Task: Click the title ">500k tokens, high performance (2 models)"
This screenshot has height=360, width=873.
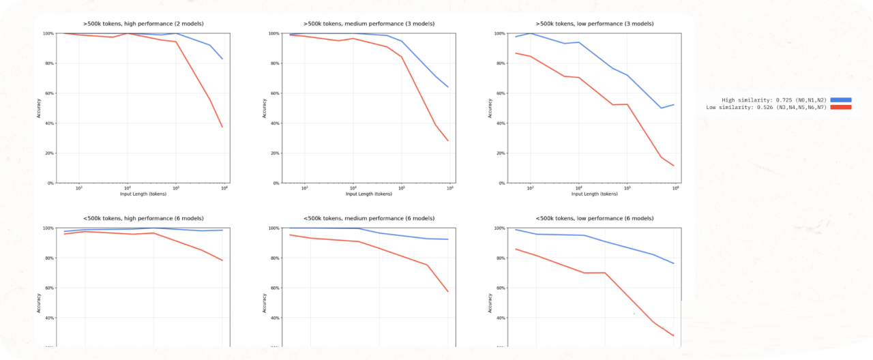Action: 143,24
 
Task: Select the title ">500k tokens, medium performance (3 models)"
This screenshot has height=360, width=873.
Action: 369,24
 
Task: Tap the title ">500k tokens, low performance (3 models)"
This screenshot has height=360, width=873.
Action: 594,24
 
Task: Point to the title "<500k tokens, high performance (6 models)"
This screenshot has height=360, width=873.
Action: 143,218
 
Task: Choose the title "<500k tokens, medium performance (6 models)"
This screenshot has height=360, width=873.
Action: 369,218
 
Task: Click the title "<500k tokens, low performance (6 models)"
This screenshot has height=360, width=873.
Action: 594,218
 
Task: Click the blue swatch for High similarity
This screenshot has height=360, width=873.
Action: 841,100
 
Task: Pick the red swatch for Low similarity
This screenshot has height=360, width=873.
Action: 841,107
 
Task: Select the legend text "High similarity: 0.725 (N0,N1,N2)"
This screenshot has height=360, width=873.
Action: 774,100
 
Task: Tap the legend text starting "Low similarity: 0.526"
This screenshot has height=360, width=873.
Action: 766,107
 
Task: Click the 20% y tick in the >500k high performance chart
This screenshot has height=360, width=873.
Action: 49,153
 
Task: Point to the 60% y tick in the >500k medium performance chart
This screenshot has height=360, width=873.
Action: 275,93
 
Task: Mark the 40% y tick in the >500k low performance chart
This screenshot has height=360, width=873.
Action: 500,123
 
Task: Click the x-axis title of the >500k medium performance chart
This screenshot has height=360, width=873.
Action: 369,194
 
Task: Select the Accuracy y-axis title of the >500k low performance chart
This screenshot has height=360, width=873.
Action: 490,108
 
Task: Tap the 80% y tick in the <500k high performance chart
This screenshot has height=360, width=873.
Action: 49,258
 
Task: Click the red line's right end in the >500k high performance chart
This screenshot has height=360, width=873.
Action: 222,127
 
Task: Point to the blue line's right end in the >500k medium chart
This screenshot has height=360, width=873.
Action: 448,87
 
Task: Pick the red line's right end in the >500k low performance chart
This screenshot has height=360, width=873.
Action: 674,166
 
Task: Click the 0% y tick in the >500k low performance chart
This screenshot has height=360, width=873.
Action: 501,183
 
